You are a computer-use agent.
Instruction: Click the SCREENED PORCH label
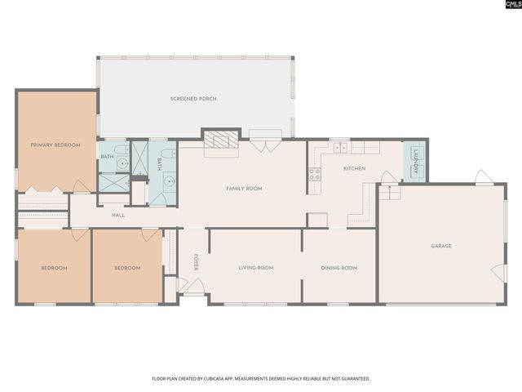click(193, 99)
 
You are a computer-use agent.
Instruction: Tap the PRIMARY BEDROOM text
click(55, 145)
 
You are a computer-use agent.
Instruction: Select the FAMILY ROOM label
click(244, 189)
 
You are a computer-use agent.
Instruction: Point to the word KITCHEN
click(354, 169)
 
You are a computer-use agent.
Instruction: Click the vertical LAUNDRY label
click(415, 161)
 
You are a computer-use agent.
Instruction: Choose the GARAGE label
click(441, 246)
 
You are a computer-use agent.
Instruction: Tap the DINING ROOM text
click(338, 268)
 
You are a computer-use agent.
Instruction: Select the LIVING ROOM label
click(255, 268)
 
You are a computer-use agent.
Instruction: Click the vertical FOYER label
click(196, 262)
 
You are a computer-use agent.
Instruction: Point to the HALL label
click(118, 216)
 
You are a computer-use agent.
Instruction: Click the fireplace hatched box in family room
click(221, 140)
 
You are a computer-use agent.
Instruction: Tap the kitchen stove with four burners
click(314, 173)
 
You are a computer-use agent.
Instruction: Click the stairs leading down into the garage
click(389, 193)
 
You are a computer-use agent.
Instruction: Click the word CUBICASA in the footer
click(202, 379)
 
